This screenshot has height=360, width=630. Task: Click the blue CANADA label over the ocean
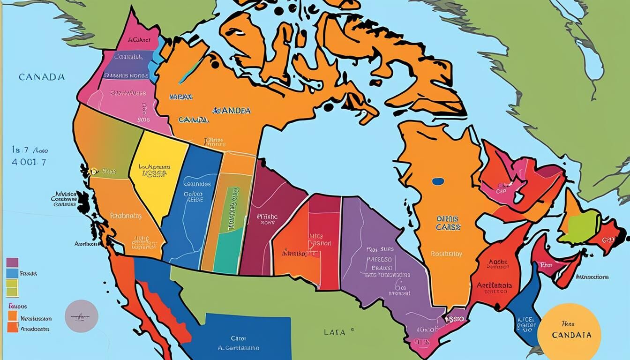42,77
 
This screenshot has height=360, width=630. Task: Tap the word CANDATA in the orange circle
571,335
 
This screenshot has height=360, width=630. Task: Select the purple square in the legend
12,262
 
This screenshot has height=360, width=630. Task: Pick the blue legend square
12,273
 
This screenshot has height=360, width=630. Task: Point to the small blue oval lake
438,181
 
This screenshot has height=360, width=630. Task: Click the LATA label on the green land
335,332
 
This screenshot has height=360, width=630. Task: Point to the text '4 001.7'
29,162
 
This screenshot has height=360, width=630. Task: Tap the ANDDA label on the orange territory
232,111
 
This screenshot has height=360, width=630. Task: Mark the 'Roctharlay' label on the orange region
446,254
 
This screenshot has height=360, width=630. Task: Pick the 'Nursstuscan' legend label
36,318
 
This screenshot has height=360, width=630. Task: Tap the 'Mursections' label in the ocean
592,277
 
